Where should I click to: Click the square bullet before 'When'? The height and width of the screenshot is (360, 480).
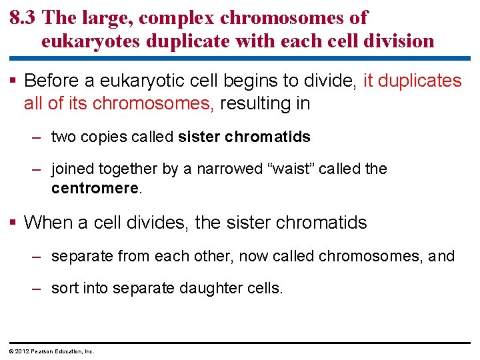click(x=14, y=222)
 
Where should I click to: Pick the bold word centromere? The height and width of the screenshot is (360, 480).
click(x=95, y=189)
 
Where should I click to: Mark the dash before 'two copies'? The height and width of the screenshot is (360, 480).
click(x=38, y=137)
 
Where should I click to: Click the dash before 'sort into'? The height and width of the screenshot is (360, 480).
click(x=38, y=289)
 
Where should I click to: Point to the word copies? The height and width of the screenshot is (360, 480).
click(x=103, y=137)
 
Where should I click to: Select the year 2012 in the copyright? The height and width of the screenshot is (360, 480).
click(x=21, y=351)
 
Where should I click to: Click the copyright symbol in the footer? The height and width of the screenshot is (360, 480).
click(x=11, y=351)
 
